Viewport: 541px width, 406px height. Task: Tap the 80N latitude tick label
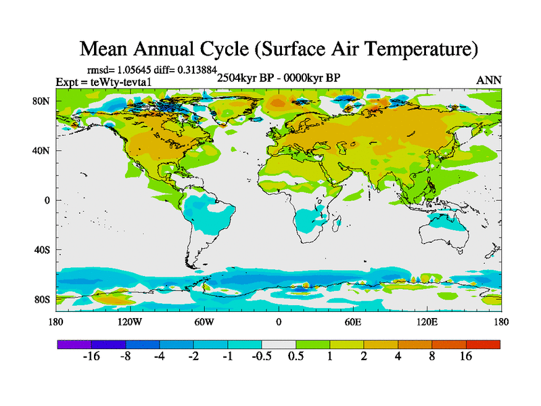click(41, 101)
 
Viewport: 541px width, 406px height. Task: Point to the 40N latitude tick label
click(41, 151)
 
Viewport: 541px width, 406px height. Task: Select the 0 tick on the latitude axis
click(47, 200)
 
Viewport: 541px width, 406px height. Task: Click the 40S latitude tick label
click(42, 250)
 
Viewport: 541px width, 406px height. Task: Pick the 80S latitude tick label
click(42, 299)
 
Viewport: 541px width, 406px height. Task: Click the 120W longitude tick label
click(130, 321)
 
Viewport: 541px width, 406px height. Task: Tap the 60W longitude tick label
click(204, 321)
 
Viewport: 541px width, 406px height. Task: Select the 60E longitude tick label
click(352, 321)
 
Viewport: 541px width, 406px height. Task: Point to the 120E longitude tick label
click(427, 321)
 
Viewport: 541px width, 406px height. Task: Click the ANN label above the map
click(489, 80)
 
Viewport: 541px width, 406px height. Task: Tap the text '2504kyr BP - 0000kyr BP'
click(278, 77)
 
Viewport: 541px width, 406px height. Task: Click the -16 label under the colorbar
click(91, 357)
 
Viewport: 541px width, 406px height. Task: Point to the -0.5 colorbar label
click(262, 357)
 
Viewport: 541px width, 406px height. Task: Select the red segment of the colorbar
click(484, 344)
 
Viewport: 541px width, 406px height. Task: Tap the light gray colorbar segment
click(279, 344)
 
